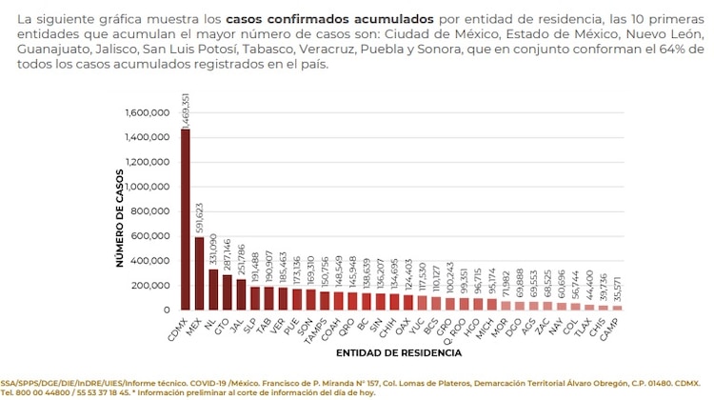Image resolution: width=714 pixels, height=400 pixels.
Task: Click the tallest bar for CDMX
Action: coord(185,219)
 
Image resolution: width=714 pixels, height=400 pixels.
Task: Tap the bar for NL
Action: coord(213,290)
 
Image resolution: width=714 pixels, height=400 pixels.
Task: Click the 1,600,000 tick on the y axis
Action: coord(148,112)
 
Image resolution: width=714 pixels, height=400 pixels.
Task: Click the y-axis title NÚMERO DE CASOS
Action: coord(121,210)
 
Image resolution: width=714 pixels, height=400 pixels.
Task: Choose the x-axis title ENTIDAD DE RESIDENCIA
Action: coord(401,352)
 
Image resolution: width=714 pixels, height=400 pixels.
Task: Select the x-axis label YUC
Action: coord(416,324)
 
